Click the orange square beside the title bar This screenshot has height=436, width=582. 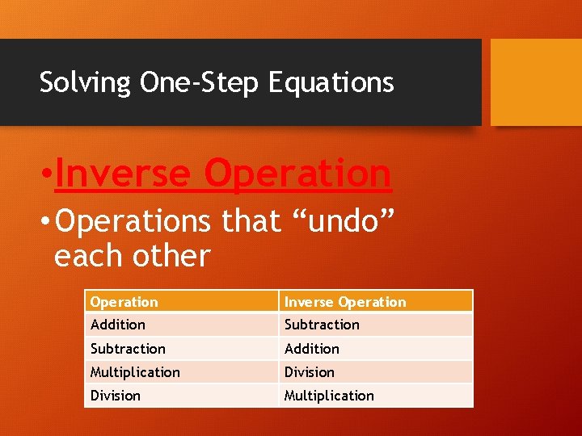pyautogui.click(x=536, y=82)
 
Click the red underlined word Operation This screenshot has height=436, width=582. pyautogui.click(x=298, y=174)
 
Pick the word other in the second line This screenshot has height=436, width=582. pyautogui.click(x=172, y=256)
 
